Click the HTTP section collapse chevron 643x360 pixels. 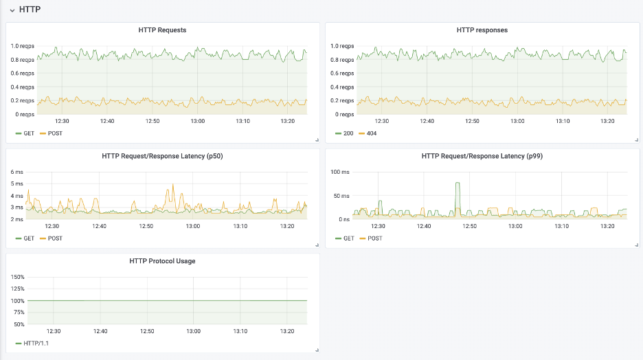11,10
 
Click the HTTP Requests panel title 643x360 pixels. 162,30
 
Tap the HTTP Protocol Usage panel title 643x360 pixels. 162,261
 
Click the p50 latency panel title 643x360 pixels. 162,156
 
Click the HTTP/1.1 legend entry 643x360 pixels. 34,343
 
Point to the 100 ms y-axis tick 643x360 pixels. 341,172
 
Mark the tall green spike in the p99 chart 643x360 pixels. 457,184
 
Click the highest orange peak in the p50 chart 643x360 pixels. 173,185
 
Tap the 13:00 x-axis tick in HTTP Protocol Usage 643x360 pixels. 193,331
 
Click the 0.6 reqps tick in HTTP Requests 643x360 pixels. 22,74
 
